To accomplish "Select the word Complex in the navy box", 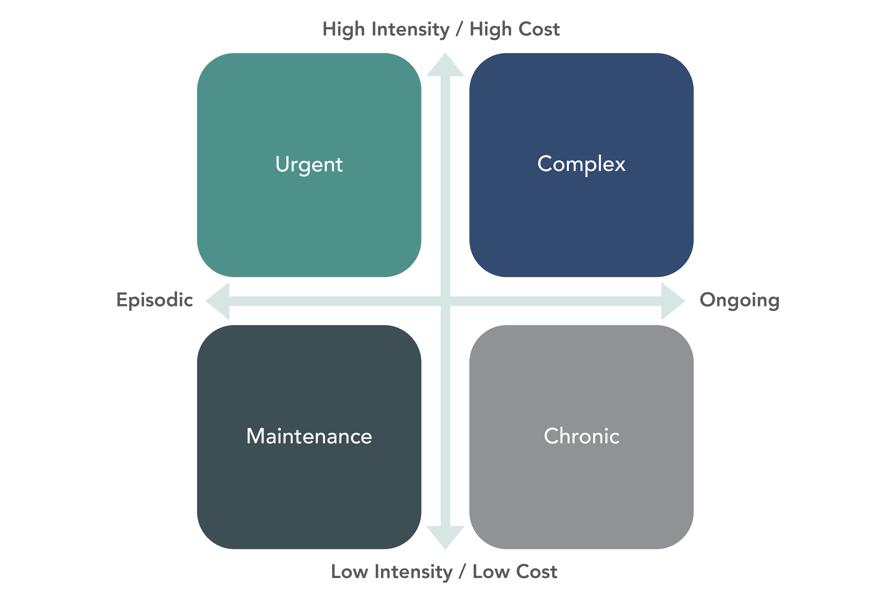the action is (x=581, y=164).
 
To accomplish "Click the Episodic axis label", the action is (x=155, y=300).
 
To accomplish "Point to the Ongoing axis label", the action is (x=739, y=300).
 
